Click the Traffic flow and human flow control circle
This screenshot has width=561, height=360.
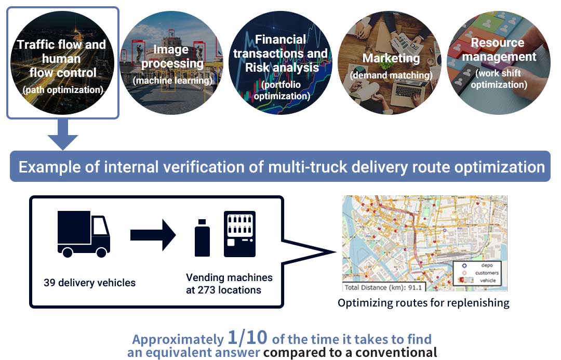[62, 62]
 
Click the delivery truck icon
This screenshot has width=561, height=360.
[83, 234]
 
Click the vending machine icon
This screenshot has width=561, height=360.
[239, 234]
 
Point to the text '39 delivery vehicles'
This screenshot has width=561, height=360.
[89, 283]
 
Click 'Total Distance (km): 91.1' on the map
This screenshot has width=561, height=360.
[384, 287]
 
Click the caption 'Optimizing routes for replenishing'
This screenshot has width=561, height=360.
[423, 303]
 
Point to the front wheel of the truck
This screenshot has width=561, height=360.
[102, 252]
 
